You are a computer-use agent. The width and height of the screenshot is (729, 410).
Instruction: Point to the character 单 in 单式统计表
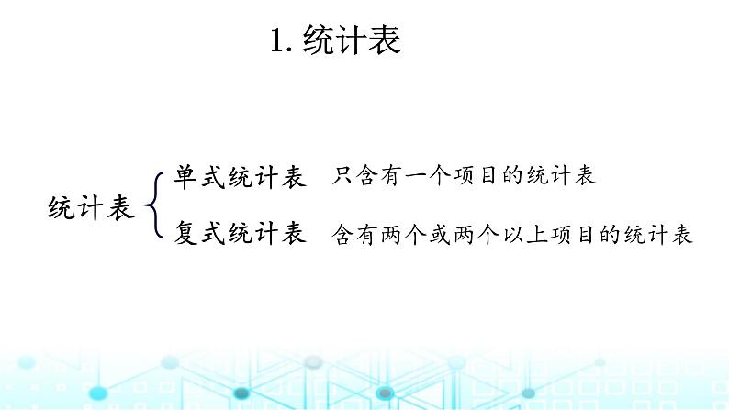[x=186, y=177]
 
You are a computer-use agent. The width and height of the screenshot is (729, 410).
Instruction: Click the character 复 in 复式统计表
[x=186, y=234]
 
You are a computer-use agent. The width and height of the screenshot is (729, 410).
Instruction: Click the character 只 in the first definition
[x=343, y=177]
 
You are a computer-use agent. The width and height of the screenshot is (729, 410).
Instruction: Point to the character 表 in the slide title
[x=386, y=41]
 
